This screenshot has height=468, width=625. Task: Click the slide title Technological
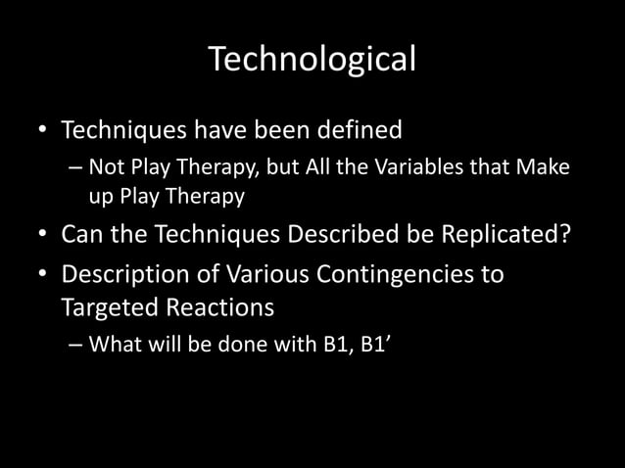[312, 60]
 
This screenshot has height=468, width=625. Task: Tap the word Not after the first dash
[104, 168]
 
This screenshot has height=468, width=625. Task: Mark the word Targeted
[109, 307]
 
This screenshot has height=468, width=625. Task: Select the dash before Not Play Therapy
[76, 168]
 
